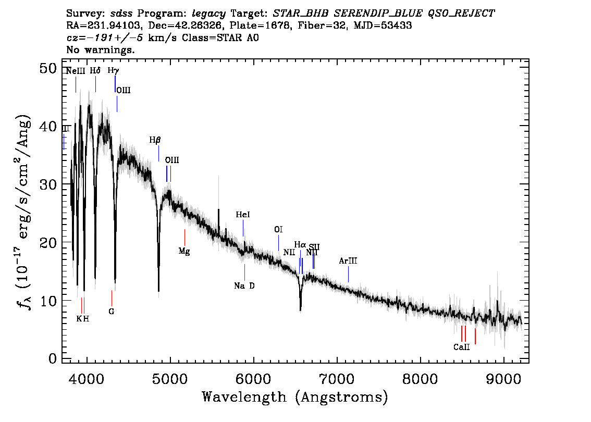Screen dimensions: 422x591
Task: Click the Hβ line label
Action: [155, 140]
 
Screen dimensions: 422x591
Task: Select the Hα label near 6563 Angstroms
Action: [300, 244]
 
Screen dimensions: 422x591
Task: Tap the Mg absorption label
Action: [184, 251]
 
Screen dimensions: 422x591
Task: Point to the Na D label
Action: [244, 286]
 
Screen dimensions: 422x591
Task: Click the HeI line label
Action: [243, 215]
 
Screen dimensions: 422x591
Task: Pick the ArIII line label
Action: [348, 260]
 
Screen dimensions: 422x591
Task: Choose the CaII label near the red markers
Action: [461, 346]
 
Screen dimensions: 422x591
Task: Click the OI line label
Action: [278, 229]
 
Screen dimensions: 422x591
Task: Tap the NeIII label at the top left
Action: [76, 71]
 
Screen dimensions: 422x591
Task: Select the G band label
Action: [112, 312]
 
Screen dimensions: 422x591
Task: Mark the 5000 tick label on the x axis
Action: [170, 377]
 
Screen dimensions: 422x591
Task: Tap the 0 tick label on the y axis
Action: [52, 359]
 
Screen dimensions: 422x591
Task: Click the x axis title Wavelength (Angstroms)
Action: [295, 398]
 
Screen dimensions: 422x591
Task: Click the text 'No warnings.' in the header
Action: [100, 50]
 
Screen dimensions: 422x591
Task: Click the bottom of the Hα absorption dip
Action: [301, 309]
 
